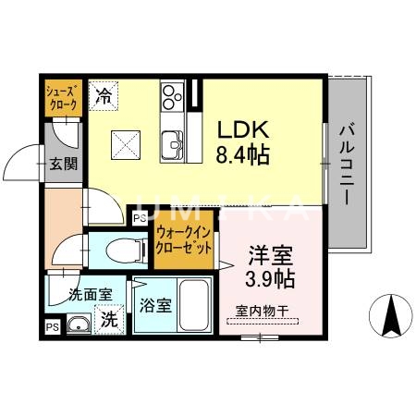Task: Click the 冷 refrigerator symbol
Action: coord(104,94)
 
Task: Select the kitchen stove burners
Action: coord(172,95)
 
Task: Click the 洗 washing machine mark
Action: coord(108,322)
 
